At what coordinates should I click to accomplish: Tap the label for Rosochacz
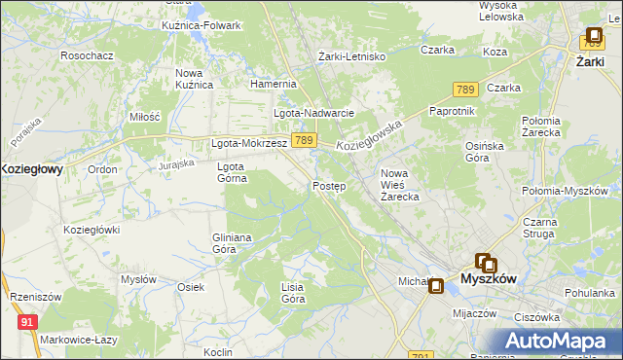[88, 55]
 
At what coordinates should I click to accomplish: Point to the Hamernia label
[273, 84]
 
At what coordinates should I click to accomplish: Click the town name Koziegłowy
[31, 168]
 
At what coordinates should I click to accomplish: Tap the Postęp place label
[329, 186]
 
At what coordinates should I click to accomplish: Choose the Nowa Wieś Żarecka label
[399, 185]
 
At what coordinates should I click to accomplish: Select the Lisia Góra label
[293, 293]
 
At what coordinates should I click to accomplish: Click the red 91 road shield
[28, 321]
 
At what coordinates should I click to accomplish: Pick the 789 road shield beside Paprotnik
[464, 90]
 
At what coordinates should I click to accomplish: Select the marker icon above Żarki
[593, 37]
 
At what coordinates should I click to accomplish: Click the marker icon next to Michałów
[436, 286]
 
